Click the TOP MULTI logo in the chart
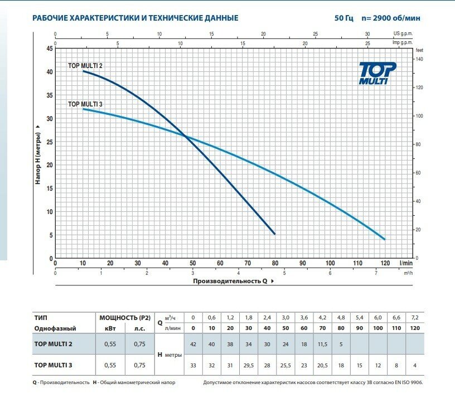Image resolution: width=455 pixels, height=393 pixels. tap(377, 73)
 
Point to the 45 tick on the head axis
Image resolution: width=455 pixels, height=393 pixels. tap(50, 49)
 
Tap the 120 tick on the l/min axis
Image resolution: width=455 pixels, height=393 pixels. tap(385, 263)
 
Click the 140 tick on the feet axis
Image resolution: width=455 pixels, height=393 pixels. tap(420, 59)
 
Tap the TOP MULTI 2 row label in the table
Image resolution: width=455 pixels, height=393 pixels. tap(54, 343)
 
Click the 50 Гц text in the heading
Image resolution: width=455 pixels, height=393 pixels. tap(344, 18)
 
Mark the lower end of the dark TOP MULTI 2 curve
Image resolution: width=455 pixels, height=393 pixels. tap(274, 234)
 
